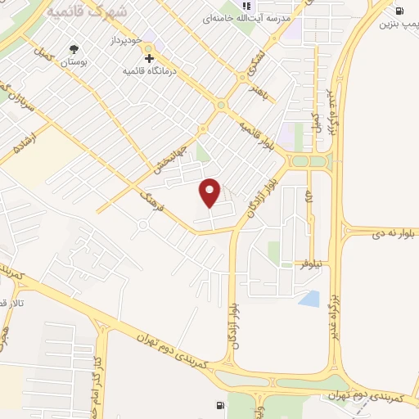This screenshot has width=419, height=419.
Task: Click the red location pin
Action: click(211, 191)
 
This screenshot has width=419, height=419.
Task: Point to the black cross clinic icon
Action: click(149, 57)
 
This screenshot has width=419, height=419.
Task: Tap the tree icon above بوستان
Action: click(75, 50)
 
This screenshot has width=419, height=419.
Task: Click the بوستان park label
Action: click(74, 63)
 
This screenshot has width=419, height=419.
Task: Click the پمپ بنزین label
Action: click(399, 24)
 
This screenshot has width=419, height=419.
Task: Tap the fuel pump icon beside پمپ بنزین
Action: click(399, 10)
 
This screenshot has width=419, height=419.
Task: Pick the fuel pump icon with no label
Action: click(219, 405)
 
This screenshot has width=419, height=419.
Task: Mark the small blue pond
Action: click(309, 298)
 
